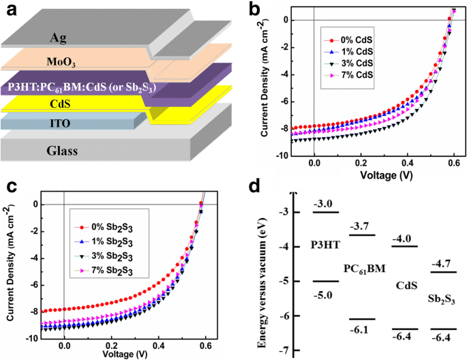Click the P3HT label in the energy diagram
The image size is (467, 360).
(x=322, y=244)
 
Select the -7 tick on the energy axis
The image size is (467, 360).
(x=280, y=350)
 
